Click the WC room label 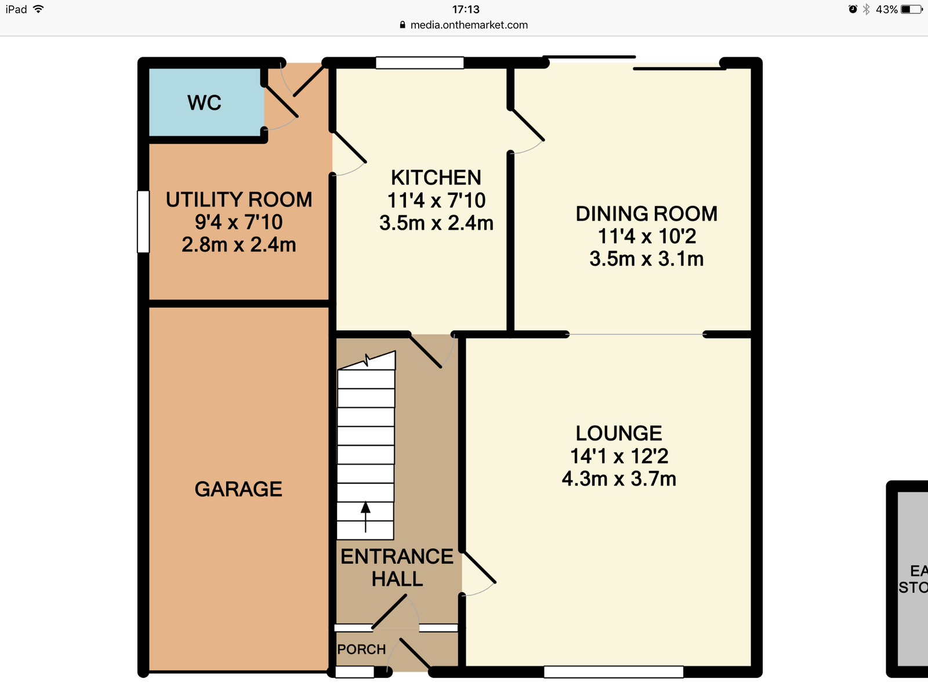click(204, 103)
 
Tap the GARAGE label click(238, 489)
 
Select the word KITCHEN click(436, 177)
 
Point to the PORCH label click(361, 649)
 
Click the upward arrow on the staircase click(365, 516)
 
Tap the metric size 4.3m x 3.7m click(619, 479)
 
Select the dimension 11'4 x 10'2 click(647, 236)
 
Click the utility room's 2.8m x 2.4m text click(239, 245)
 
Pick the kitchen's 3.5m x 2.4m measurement click(436, 223)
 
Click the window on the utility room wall click(143, 222)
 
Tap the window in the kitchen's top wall click(420, 63)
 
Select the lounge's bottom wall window click(614, 672)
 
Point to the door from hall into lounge click(478, 574)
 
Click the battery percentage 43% click(887, 9)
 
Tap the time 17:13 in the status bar click(466, 9)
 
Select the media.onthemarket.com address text click(469, 25)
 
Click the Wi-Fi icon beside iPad click(38, 9)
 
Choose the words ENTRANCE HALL click(397, 568)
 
